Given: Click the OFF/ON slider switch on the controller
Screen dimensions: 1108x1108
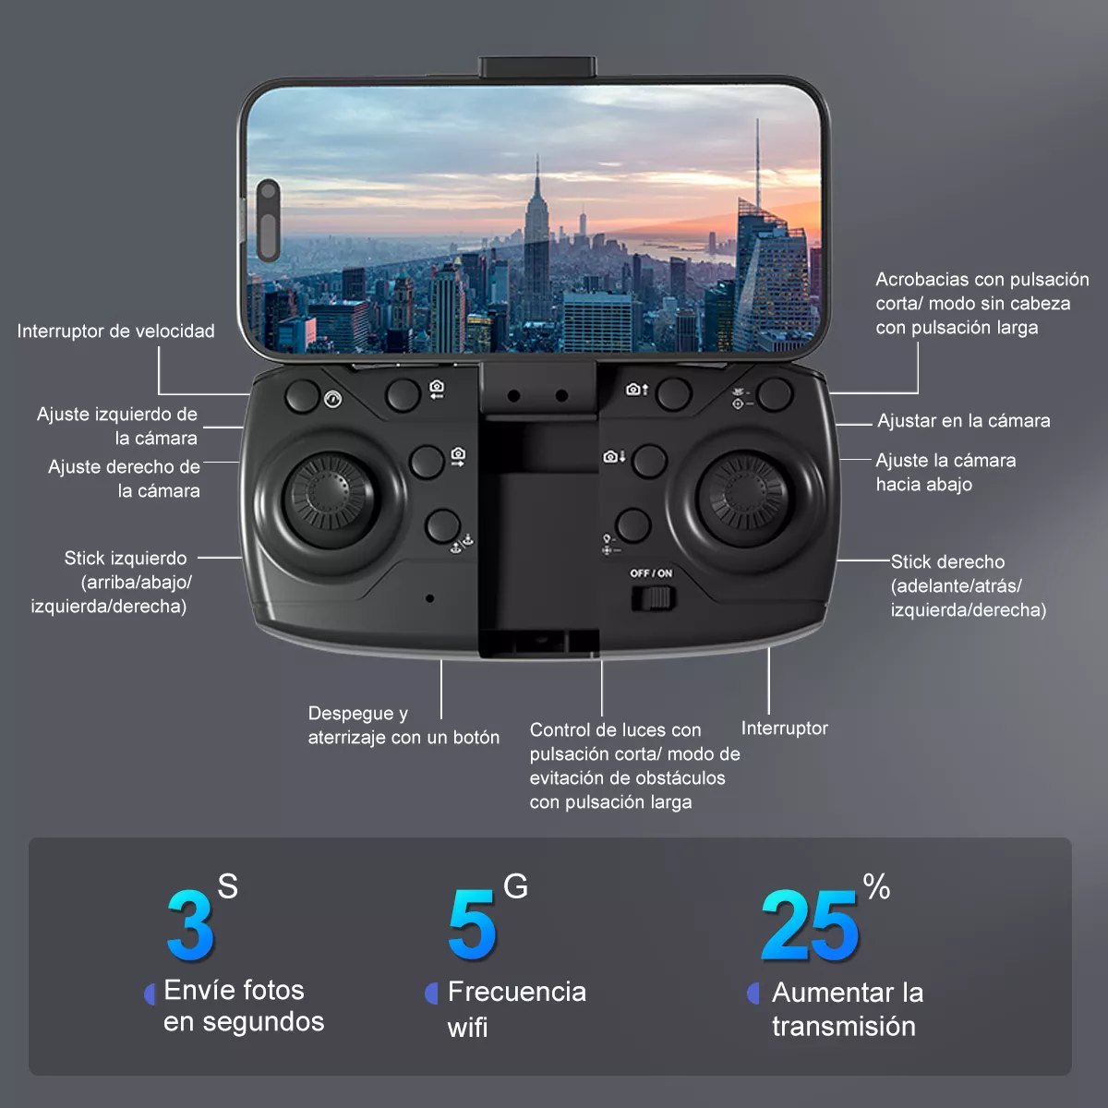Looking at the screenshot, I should pyautogui.click(x=654, y=598).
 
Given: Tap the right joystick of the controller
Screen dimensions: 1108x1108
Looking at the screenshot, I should pyautogui.click(x=743, y=494).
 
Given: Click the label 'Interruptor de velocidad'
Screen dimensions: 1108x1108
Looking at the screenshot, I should pyautogui.click(x=115, y=331).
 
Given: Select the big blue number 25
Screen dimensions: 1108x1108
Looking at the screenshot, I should pyautogui.click(x=810, y=926).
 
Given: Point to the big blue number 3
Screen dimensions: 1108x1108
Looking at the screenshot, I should pyautogui.click(x=190, y=926).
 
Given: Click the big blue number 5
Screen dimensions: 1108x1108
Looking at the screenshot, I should pyautogui.click(x=471, y=926).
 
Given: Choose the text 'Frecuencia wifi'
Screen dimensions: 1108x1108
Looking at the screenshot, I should pyautogui.click(x=516, y=1008).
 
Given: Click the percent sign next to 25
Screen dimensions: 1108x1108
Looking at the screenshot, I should pyautogui.click(x=876, y=888).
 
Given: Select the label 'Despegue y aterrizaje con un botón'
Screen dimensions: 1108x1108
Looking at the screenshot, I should pyautogui.click(x=403, y=726).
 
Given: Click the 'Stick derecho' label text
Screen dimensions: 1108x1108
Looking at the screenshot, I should pyautogui.click(x=947, y=562).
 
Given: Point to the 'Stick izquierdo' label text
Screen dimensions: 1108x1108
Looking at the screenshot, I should pyautogui.click(x=126, y=559).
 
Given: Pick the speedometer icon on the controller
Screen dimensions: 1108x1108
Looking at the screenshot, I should pyautogui.click(x=333, y=400).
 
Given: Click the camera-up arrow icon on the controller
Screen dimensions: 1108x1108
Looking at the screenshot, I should pyautogui.click(x=636, y=390).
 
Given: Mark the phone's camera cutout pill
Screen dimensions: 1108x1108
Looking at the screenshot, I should pyautogui.click(x=268, y=220).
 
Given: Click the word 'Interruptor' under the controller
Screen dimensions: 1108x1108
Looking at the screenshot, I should pyautogui.click(x=784, y=729).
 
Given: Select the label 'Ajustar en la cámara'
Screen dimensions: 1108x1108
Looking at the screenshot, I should pyautogui.click(x=964, y=421).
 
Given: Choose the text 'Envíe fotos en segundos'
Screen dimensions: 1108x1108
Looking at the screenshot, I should pyautogui.click(x=244, y=1006).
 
